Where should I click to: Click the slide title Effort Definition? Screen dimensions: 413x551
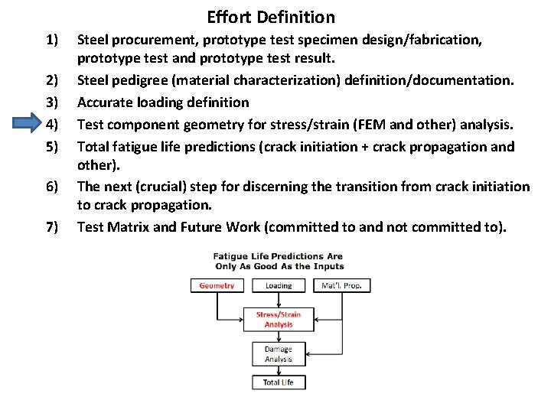pos(270,17)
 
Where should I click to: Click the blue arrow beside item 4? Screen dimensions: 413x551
pos(33,123)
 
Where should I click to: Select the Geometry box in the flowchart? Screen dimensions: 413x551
pos(217,285)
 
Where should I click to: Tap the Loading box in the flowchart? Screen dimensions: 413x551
pos(278,285)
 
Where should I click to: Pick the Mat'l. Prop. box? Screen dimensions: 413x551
pos(342,285)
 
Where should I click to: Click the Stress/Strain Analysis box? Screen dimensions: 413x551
pos(278,319)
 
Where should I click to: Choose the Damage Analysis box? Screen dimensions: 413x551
pos(278,354)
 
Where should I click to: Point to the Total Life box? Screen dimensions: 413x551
pos(278,382)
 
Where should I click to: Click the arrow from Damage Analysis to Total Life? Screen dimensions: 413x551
pos(278,369)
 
